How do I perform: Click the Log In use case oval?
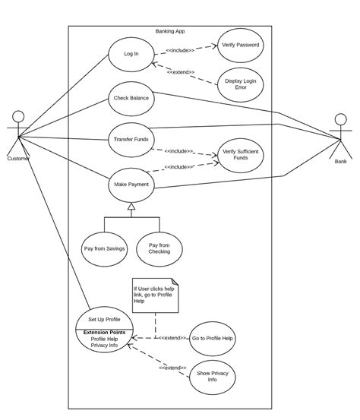(131, 54)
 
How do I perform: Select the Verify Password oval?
(240, 46)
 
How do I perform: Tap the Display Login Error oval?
(240, 84)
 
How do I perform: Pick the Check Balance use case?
(131, 99)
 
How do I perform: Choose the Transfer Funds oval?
(131, 140)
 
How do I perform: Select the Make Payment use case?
(131, 185)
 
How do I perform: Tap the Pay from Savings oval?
(104, 248)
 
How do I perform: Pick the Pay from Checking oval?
(159, 248)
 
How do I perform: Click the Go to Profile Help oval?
(212, 338)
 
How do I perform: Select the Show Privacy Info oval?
(212, 377)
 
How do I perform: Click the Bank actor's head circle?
(340, 119)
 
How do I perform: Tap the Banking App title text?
(170, 31)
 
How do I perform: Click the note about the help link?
(155, 295)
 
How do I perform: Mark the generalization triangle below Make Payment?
(131, 207)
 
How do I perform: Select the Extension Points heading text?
(104, 332)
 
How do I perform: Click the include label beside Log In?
(180, 50)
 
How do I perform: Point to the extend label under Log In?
(181, 72)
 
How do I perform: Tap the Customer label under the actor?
(18, 159)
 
